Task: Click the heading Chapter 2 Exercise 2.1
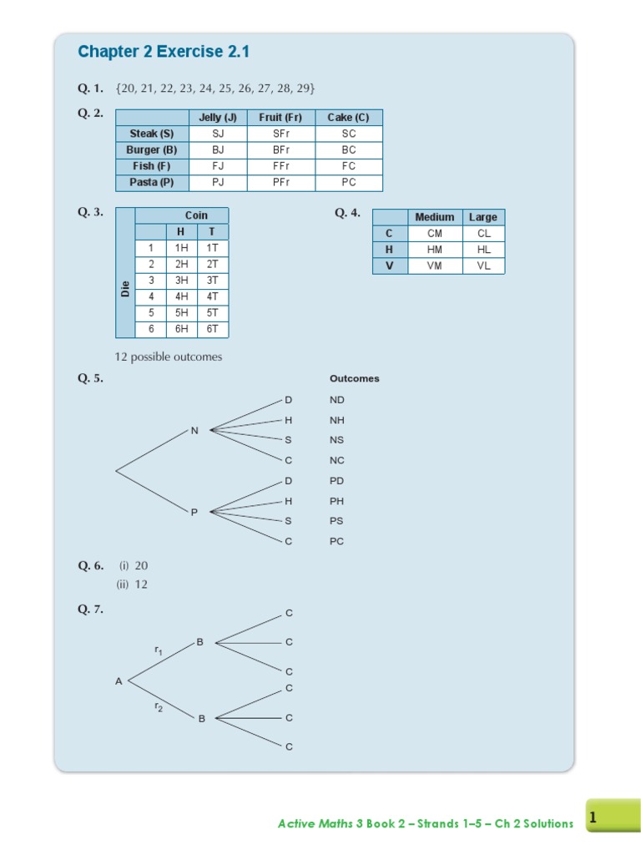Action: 164,52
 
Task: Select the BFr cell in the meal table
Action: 280,150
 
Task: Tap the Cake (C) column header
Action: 348,118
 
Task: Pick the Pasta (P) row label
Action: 152,182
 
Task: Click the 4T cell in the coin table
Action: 213,296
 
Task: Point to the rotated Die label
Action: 125,289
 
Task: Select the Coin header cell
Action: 196,215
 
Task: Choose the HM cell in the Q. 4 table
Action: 435,250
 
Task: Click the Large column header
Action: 482,217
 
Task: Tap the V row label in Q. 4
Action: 389,266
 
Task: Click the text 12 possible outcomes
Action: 169,357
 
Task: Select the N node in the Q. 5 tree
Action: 194,431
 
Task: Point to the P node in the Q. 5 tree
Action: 194,512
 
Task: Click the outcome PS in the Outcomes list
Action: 336,521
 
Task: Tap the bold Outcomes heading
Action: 354,378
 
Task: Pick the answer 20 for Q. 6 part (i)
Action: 141,565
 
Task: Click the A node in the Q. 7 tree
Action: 119,681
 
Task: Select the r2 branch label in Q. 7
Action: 158,706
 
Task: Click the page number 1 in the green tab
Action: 593,819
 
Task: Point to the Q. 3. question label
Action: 91,212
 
